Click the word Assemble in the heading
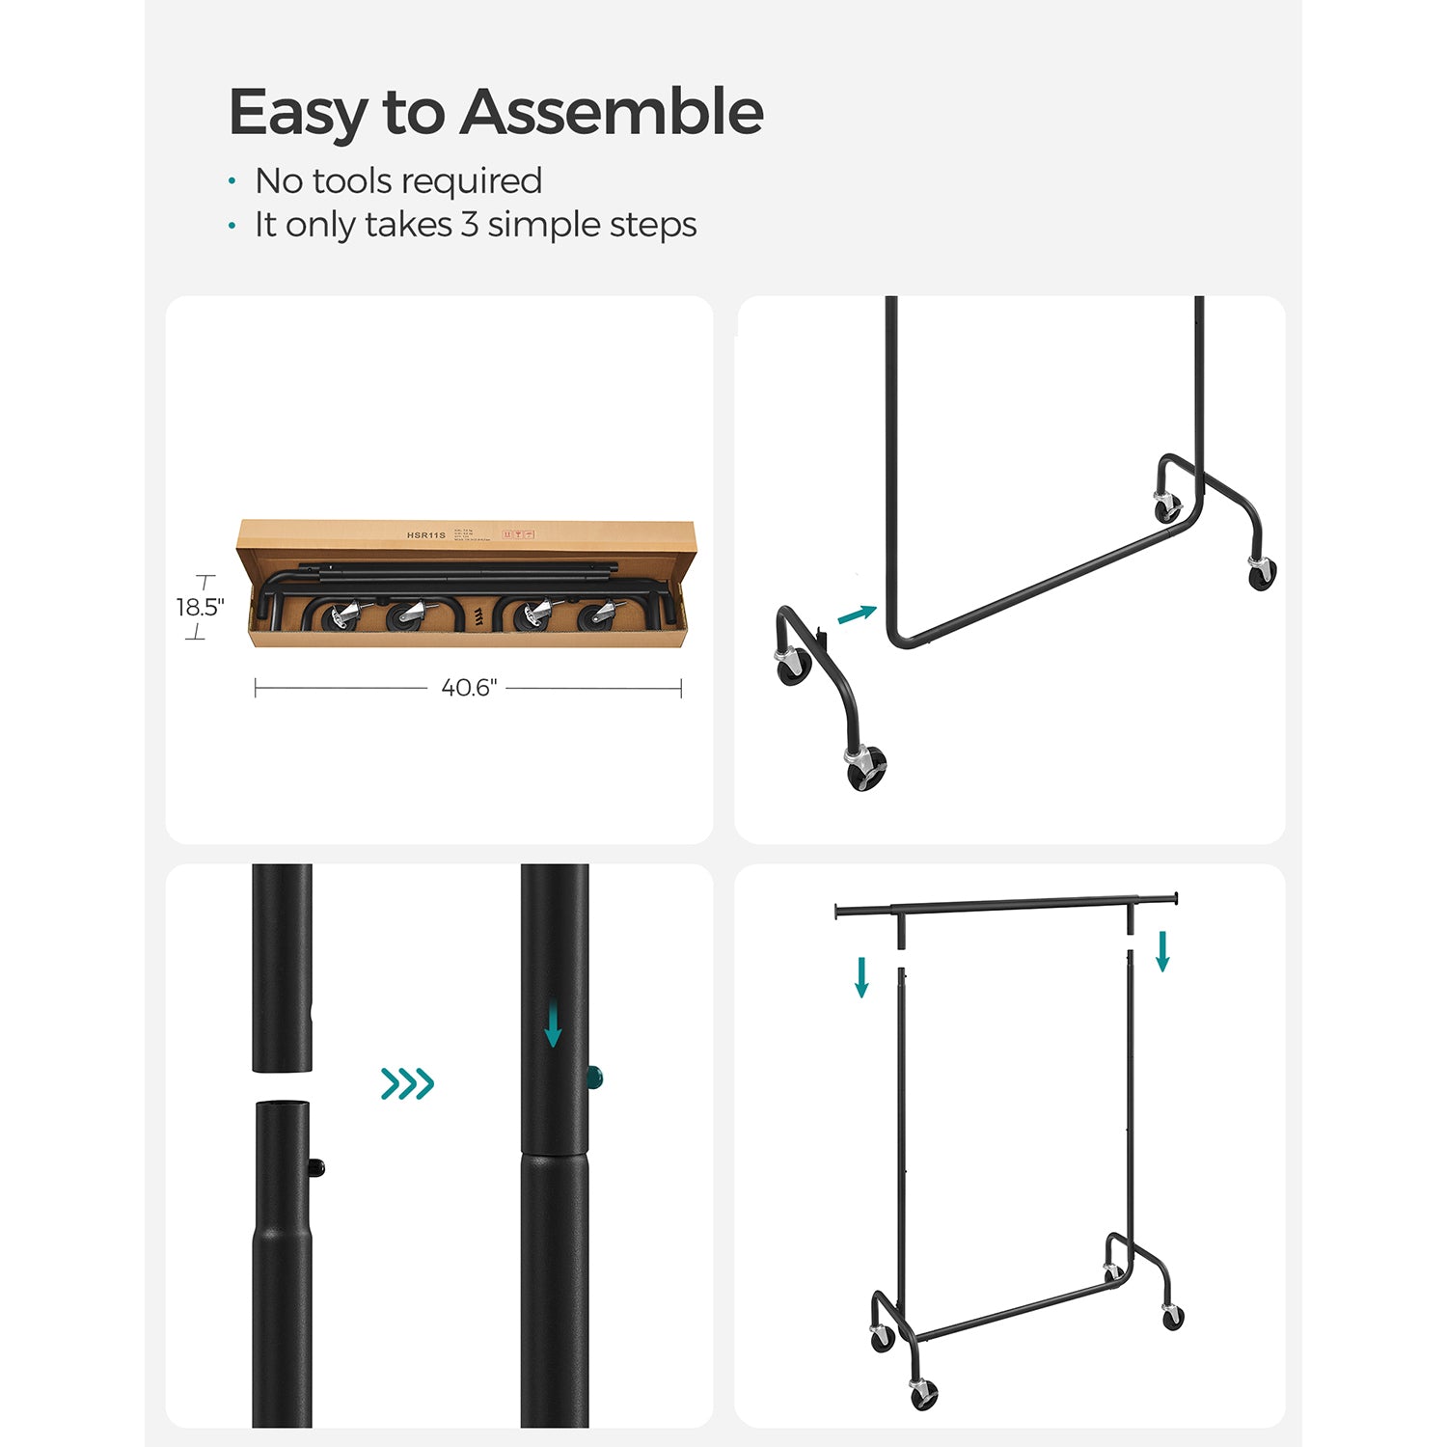click(x=611, y=112)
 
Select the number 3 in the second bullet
click(x=469, y=224)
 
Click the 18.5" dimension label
click(x=200, y=607)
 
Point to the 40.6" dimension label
click(x=469, y=688)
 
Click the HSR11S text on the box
click(x=426, y=534)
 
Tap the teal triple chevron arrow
click(x=407, y=1083)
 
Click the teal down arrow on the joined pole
click(x=553, y=1024)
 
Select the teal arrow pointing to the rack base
click(x=857, y=614)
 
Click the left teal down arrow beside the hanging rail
click(x=861, y=976)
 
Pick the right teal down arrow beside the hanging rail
click(x=1162, y=950)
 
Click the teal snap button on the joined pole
click(x=595, y=1076)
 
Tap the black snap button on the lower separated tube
click(x=317, y=1168)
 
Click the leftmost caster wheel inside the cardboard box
click(x=341, y=616)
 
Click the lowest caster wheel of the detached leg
click(x=865, y=768)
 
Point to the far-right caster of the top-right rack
click(x=1261, y=574)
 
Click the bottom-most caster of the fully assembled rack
click(x=923, y=1393)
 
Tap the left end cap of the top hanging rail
click(x=837, y=911)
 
